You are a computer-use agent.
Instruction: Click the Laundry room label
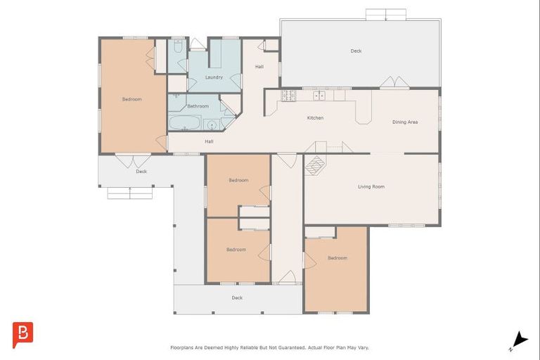click(214, 77)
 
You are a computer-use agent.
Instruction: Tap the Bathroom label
click(198, 106)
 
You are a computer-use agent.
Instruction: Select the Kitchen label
click(315, 118)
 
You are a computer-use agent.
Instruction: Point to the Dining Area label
click(405, 122)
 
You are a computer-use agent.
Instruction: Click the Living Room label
click(371, 187)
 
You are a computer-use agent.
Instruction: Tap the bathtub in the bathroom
click(185, 123)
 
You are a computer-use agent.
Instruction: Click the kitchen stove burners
click(288, 96)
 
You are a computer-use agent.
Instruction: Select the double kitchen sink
click(319, 96)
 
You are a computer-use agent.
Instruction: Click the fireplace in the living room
click(315, 165)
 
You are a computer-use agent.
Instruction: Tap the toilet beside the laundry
click(178, 46)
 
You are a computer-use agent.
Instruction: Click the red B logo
click(22, 335)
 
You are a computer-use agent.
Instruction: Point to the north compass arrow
click(520, 340)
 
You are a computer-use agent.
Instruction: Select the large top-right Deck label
click(356, 51)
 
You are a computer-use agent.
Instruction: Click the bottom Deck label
click(237, 297)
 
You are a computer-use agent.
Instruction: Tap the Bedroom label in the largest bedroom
click(132, 99)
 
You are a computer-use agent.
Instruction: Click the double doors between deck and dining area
click(394, 82)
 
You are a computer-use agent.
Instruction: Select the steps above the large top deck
click(386, 14)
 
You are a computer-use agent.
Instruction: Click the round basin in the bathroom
click(212, 124)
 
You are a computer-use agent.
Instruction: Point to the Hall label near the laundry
click(259, 67)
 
